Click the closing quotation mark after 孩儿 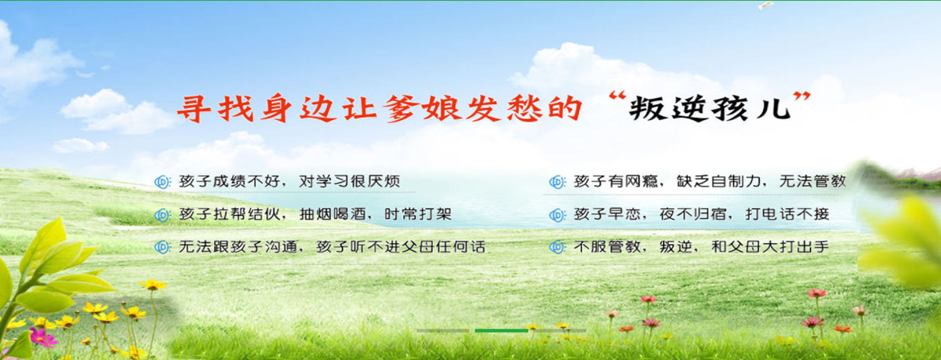pos(802,100)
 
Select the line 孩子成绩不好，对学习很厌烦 pos(289,181)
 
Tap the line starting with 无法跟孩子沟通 pos(332,246)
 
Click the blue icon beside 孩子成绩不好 pos(162,182)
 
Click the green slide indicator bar pos(501,330)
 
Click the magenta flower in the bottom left pos(41,338)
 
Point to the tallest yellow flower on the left pos(152,285)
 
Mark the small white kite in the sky pos(765,5)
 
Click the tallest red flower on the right pos(817,293)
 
